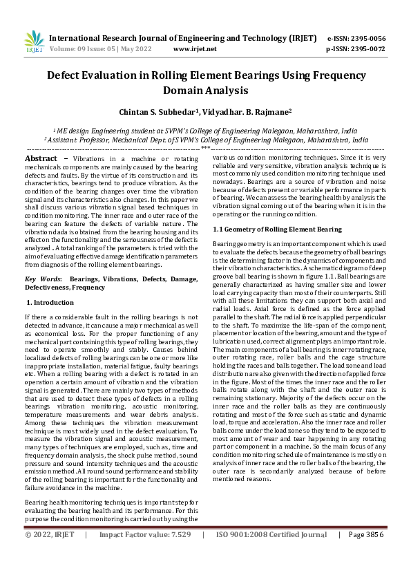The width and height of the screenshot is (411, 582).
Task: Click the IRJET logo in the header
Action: coord(34,42)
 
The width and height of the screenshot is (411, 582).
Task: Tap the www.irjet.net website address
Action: coord(195,49)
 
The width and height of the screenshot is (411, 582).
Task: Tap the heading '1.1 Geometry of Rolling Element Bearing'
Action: coord(277,228)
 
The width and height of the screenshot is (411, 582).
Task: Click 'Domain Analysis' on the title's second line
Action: coord(205,91)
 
